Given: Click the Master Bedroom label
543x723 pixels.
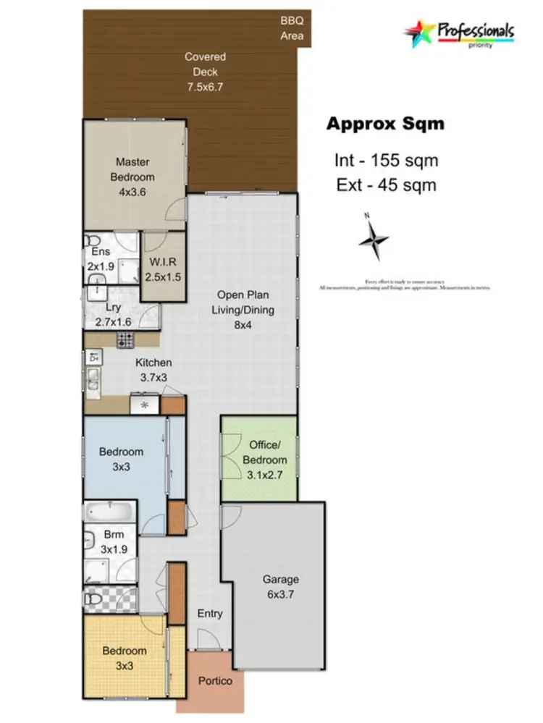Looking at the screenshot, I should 132,170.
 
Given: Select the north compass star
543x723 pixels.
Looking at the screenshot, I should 374,240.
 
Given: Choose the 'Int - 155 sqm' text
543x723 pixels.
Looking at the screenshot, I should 386,160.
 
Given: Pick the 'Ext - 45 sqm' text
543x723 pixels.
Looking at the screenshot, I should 386,185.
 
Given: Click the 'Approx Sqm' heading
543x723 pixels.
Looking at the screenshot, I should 385,124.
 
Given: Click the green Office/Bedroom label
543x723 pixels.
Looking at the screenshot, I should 267,454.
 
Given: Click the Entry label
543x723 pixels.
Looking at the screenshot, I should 210,614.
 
